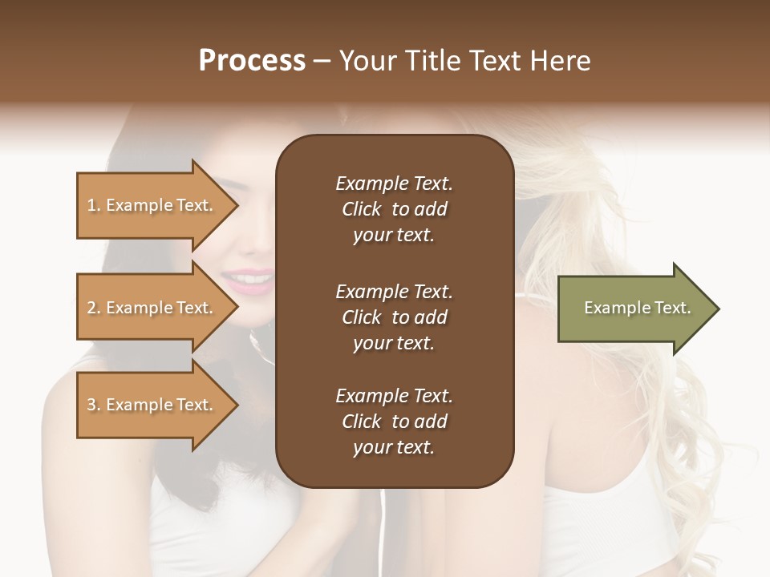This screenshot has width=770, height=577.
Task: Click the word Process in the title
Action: [252, 61]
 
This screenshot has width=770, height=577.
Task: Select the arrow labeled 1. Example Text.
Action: [152, 205]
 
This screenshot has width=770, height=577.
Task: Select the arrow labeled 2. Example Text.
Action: [152, 308]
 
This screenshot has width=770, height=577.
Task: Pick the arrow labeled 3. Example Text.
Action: [152, 405]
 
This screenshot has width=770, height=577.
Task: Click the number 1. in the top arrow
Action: [94, 205]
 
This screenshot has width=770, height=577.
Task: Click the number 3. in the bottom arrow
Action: [94, 405]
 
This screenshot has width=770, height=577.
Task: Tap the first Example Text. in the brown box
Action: [394, 184]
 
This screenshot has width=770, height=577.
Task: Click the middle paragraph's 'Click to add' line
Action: [394, 317]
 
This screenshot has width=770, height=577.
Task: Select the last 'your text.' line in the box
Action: [394, 448]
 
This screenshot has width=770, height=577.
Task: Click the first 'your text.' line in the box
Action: [394, 236]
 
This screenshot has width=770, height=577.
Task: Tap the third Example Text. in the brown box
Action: [394, 396]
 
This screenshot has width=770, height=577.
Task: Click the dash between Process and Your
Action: [322, 61]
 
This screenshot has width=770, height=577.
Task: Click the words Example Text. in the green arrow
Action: [637, 308]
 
